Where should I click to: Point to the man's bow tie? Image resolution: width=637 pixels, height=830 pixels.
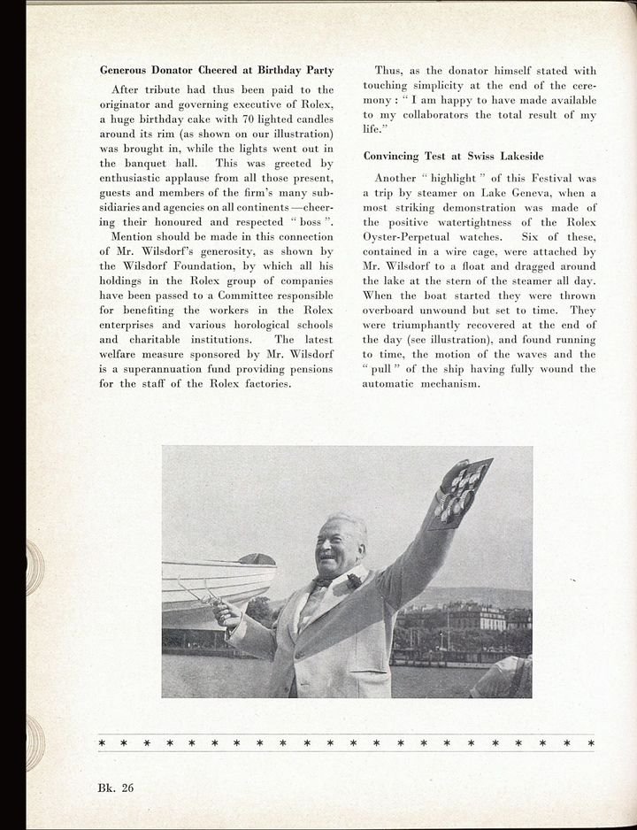click(321, 583)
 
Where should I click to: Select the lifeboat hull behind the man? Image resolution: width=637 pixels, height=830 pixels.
click(216, 580)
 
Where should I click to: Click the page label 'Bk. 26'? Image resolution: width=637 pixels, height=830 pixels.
click(116, 787)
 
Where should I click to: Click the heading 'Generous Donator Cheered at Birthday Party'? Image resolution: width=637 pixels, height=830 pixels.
click(216, 70)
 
